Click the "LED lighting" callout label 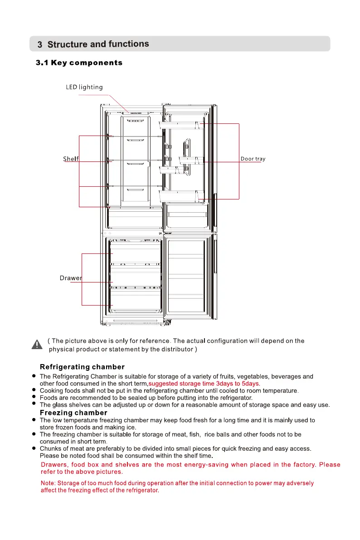point(84,87)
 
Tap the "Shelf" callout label point(70,159)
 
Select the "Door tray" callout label point(253,159)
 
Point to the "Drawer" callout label point(71,277)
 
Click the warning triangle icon point(37,345)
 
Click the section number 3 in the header point(40,45)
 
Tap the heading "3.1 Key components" point(79,63)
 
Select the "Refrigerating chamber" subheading point(82,367)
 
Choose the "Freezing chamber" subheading point(73,413)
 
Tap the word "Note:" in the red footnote point(48,483)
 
